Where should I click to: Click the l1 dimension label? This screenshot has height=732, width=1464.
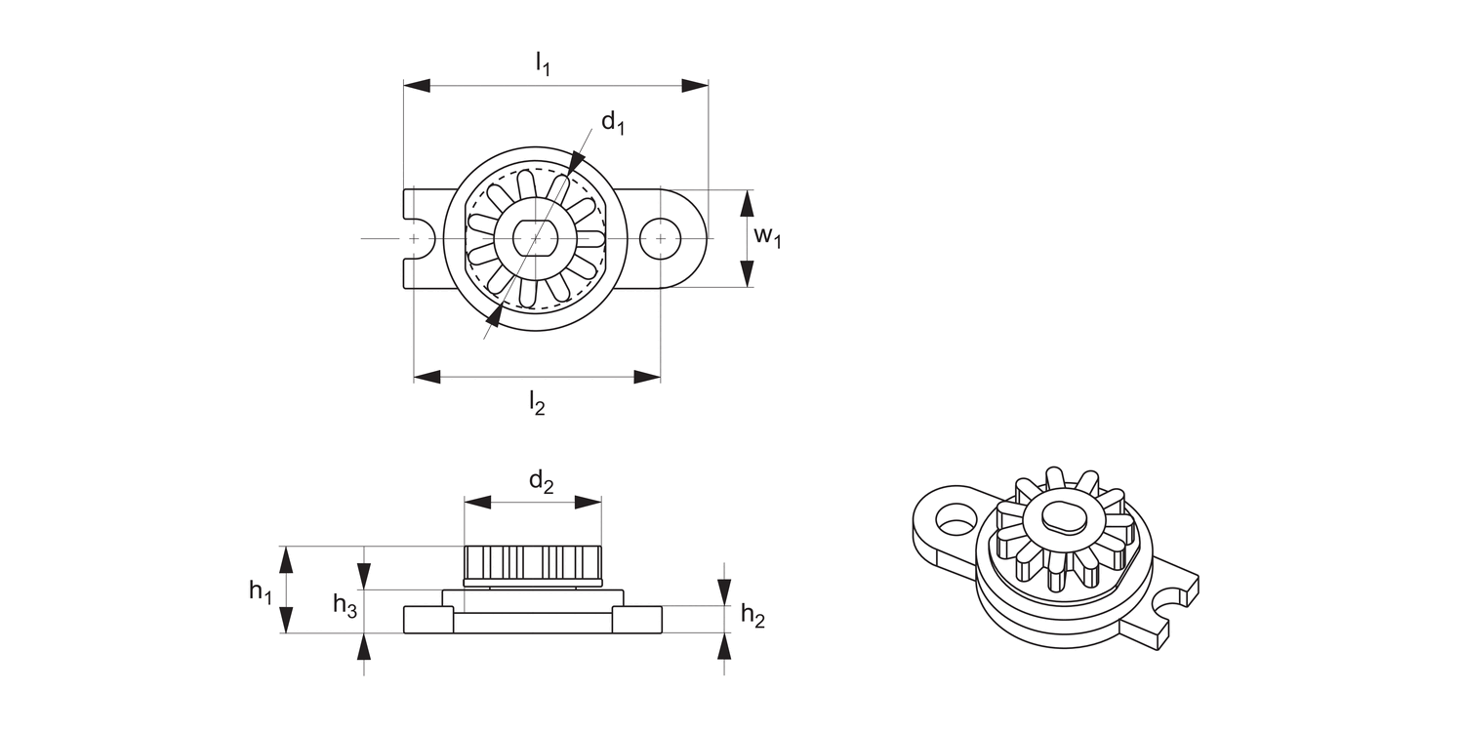[543, 64]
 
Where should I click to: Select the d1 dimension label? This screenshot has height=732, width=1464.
[613, 123]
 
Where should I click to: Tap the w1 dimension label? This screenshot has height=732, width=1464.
[766, 237]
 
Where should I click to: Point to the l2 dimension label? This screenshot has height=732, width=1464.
[537, 401]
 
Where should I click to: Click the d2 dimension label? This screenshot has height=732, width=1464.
[542, 480]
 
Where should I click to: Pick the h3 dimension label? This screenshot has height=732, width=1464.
[345, 605]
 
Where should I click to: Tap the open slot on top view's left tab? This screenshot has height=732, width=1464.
[414, 238]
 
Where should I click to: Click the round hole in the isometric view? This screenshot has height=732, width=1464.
[955, 516]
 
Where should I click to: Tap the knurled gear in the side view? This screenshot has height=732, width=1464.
[532, 563]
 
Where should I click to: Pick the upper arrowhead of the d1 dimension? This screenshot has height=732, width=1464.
[577, 161]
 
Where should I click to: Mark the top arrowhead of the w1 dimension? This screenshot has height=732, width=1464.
[747, 202]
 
